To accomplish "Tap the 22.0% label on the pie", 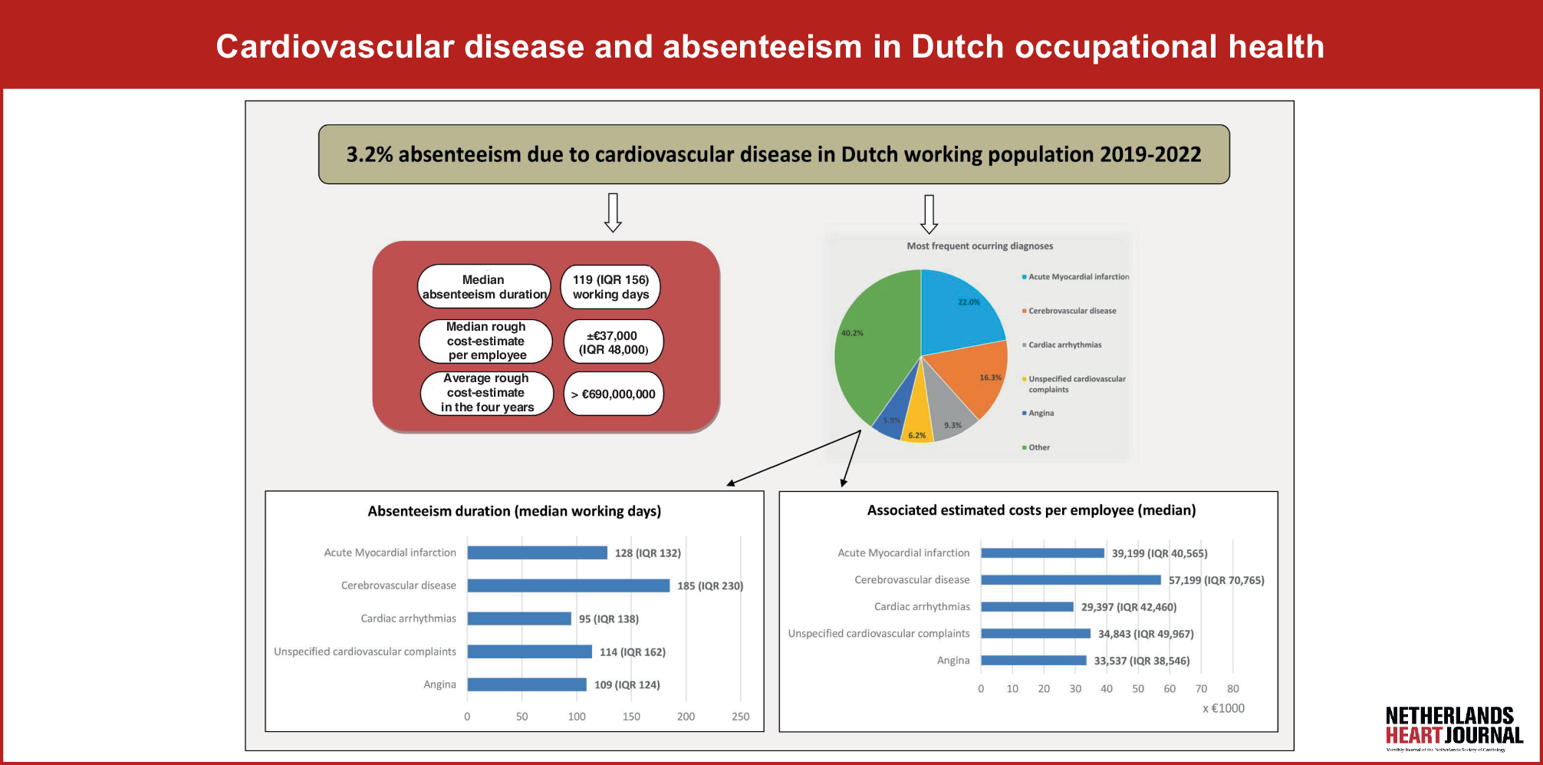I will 969,302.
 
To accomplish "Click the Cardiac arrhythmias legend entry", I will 1064,345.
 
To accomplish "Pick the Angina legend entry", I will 1041,414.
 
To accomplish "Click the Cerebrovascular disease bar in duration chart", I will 568,585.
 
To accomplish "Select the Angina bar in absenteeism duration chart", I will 527,684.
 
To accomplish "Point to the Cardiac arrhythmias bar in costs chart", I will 1027,607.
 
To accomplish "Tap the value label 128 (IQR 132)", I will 647,553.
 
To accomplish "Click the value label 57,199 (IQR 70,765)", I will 1216,580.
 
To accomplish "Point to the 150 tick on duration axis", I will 631,717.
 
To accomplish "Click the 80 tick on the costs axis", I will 1232,689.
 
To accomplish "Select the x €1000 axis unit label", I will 1223,708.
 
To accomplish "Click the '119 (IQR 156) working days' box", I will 610,287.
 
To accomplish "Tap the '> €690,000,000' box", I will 613,394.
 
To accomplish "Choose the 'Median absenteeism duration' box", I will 484,287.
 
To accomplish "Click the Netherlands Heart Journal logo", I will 1453,727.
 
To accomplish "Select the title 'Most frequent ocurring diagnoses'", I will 979,246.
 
